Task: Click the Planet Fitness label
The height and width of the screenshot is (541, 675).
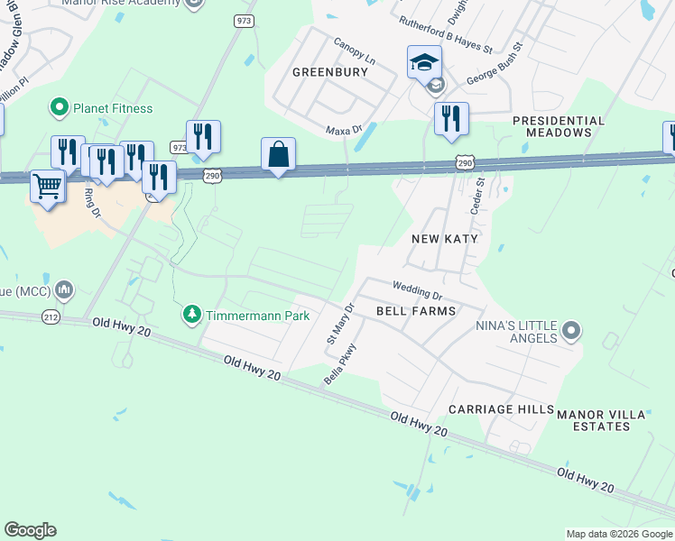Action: point(113,108)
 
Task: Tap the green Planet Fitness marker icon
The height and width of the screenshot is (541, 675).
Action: point(60,108)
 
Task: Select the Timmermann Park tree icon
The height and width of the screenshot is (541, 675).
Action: point(191,315)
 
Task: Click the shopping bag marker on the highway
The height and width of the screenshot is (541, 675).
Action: point(279,155)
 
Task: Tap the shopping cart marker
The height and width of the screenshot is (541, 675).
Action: point(48,188)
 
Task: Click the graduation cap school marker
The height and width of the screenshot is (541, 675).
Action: point(424,62)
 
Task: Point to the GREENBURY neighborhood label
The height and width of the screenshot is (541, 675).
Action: point(330,72)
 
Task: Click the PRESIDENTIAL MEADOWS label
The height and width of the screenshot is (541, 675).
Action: point(558,126)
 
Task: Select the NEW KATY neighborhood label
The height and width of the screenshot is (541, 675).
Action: point(443,239)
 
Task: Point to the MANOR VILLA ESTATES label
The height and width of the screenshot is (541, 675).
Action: point(601,420)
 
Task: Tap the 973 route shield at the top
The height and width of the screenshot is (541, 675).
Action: point(245,21)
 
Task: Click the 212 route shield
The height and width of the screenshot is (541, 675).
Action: point(51,316)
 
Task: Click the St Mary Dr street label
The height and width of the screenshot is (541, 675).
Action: point(338,322)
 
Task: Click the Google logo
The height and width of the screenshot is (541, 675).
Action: point(30,530)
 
